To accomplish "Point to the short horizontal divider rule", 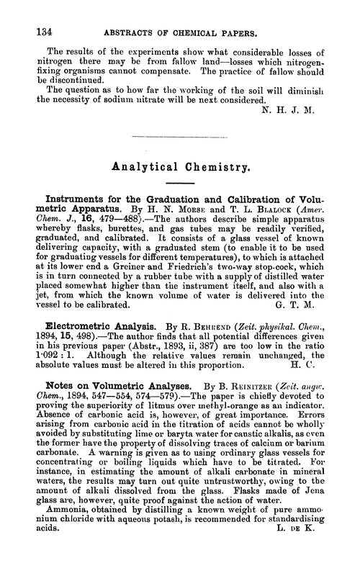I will click(x=179, y=134).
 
